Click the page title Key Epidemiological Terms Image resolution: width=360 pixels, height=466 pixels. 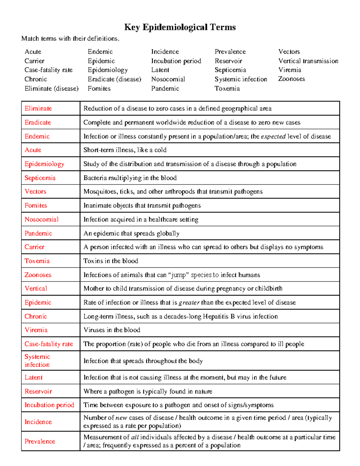click(x=180, y=27)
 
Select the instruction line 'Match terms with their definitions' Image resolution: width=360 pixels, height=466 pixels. click(x=70, y=38)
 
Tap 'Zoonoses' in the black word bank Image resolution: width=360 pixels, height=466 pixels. click(x=291, y=79)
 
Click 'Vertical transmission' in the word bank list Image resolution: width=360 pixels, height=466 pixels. click(x=308, y=61)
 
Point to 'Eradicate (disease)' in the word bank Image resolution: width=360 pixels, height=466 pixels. click(x=114, y=79)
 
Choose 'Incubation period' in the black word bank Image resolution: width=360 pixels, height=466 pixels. click(x=176, y=61)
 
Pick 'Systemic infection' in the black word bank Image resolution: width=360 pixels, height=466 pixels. click(x=241, y=79)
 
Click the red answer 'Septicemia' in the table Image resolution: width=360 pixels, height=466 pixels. click(x=40, y=178)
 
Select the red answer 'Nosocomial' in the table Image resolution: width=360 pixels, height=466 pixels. click(x=41, y=219)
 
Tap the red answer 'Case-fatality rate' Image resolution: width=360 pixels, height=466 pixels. click(x=49, y=344)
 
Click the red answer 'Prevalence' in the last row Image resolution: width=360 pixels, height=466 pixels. click(x=40, y=441)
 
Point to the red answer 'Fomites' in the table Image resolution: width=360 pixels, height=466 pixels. click(x=36, y=206)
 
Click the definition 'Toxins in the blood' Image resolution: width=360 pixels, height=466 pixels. click(x=111, y=261)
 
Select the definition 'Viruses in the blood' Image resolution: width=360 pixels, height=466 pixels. click(x=112, y=330)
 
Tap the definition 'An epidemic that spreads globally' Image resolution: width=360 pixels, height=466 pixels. click(x=131, y=233)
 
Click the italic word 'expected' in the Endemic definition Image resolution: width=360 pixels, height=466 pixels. click(x=273, y=137)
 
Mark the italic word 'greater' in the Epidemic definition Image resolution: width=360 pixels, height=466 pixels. click(x=189, y=303)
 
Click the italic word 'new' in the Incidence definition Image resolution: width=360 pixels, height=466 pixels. click(x=121, y=418)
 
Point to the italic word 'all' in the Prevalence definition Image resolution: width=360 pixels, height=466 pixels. click(x=135, y=437)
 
